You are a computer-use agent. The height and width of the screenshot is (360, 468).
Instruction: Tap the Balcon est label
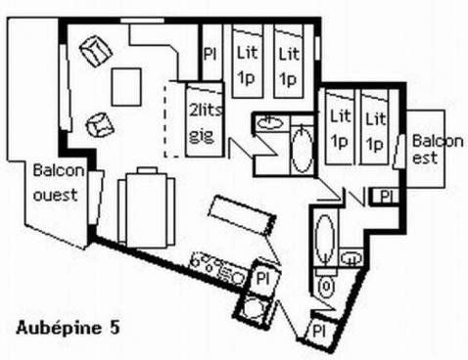(437, 148)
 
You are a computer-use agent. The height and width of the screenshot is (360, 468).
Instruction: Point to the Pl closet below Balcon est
(387, 196)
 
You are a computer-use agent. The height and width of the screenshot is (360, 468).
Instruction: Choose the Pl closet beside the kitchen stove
(262, 278)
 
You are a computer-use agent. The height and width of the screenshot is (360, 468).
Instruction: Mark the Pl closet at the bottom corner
(319, 331)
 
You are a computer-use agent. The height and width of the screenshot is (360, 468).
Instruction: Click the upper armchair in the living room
(93, 51)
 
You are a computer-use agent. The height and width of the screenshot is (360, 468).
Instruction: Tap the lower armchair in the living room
(98, 124)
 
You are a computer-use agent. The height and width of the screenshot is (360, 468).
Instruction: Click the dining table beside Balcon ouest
(144, 208)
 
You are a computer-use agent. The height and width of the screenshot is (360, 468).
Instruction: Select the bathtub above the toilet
(326, 238)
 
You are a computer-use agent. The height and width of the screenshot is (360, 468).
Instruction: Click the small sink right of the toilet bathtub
(352, 258)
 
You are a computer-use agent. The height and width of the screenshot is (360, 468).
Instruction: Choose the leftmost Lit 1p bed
(245, 62)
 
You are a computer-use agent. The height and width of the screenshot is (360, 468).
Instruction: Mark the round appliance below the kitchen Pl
(254, 310)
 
